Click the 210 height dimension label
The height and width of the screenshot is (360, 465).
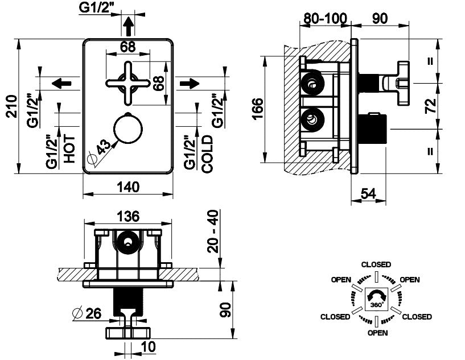12,106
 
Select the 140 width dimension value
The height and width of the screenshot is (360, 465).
128,187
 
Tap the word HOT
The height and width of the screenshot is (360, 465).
69,149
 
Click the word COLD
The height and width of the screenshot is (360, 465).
207,154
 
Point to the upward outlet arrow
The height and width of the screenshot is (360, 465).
129,26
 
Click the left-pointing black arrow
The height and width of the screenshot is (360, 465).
61,83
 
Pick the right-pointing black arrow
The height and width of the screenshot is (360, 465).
190,83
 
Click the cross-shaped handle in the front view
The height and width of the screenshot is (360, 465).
128,83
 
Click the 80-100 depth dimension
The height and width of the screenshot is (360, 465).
325,18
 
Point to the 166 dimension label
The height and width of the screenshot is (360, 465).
258,109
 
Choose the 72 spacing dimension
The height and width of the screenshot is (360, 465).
431,106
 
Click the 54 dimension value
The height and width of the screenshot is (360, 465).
368,194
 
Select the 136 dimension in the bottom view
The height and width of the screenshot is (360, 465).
128,216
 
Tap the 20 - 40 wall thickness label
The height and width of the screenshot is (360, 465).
213,231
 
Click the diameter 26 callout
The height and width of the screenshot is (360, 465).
87,313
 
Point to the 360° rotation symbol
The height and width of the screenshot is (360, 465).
376,299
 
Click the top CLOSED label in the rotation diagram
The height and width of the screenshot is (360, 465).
376,264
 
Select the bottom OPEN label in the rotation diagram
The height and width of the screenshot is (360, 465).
377,333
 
